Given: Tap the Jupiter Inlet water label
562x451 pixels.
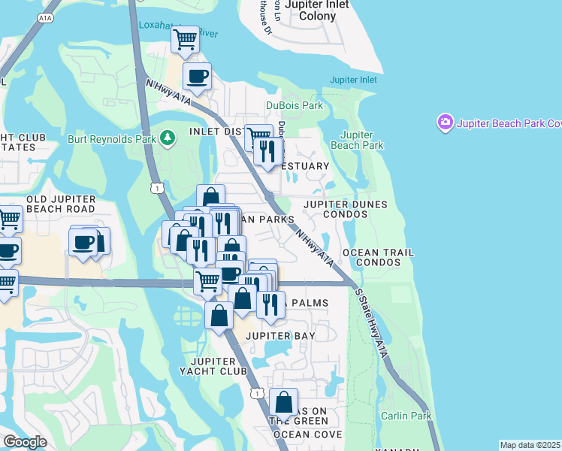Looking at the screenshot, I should coord(353,80).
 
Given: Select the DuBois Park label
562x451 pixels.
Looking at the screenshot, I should coord(294,106).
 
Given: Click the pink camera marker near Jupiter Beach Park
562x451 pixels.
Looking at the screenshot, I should coord(445,122).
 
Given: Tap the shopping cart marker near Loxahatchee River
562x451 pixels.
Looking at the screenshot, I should coord(185,39).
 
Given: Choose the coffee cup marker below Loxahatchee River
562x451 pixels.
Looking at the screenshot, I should coord(197,76).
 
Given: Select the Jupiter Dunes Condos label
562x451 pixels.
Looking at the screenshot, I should coord(346,209).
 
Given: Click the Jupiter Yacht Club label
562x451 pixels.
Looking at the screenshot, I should coord(213,366).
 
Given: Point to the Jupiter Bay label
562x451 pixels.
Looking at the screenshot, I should coord(280,335).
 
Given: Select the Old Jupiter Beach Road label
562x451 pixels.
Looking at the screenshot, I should coord(60,204).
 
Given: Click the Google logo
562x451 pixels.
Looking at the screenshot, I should coord(25,442).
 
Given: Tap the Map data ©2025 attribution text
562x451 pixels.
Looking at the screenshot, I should coord(530,445).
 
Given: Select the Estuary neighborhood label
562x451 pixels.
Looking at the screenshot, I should coord(307,166).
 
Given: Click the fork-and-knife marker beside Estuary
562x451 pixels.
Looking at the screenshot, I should coord(268,151).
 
